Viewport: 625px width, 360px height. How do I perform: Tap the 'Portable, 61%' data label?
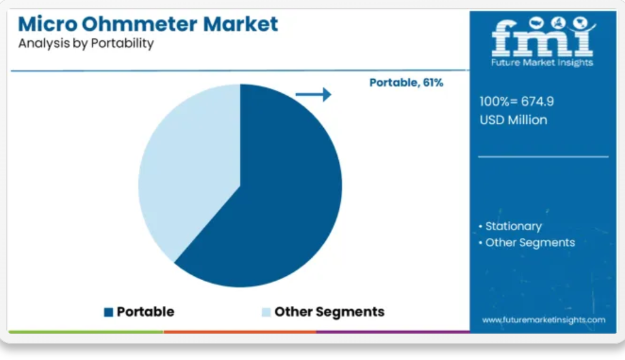point(406,82)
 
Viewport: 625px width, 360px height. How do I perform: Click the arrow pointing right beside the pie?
point(313,94)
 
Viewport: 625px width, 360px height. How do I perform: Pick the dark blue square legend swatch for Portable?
point(108,312)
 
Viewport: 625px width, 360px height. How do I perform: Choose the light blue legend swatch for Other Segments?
point(266,312)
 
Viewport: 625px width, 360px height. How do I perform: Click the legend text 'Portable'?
point(145,312)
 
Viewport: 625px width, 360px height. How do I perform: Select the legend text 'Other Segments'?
point(329,312)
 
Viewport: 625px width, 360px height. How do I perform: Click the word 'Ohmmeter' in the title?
point(140,24)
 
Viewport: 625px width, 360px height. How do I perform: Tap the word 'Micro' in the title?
point(47,24)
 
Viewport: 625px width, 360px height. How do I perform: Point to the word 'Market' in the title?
point(240,24)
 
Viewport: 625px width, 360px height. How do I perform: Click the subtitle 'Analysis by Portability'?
point(86,43)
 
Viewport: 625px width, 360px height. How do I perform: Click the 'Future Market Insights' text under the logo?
point(542,63)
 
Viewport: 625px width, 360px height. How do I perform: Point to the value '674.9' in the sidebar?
point(538,102)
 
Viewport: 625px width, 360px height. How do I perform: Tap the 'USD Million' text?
point(513,120)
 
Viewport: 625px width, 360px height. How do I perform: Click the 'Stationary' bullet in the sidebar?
point(513,226)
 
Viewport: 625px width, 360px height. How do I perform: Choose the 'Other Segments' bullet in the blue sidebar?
point(530,243)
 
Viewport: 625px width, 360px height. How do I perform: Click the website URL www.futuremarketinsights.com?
point(544,320)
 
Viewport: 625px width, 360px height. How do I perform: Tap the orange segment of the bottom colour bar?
point(240,331)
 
